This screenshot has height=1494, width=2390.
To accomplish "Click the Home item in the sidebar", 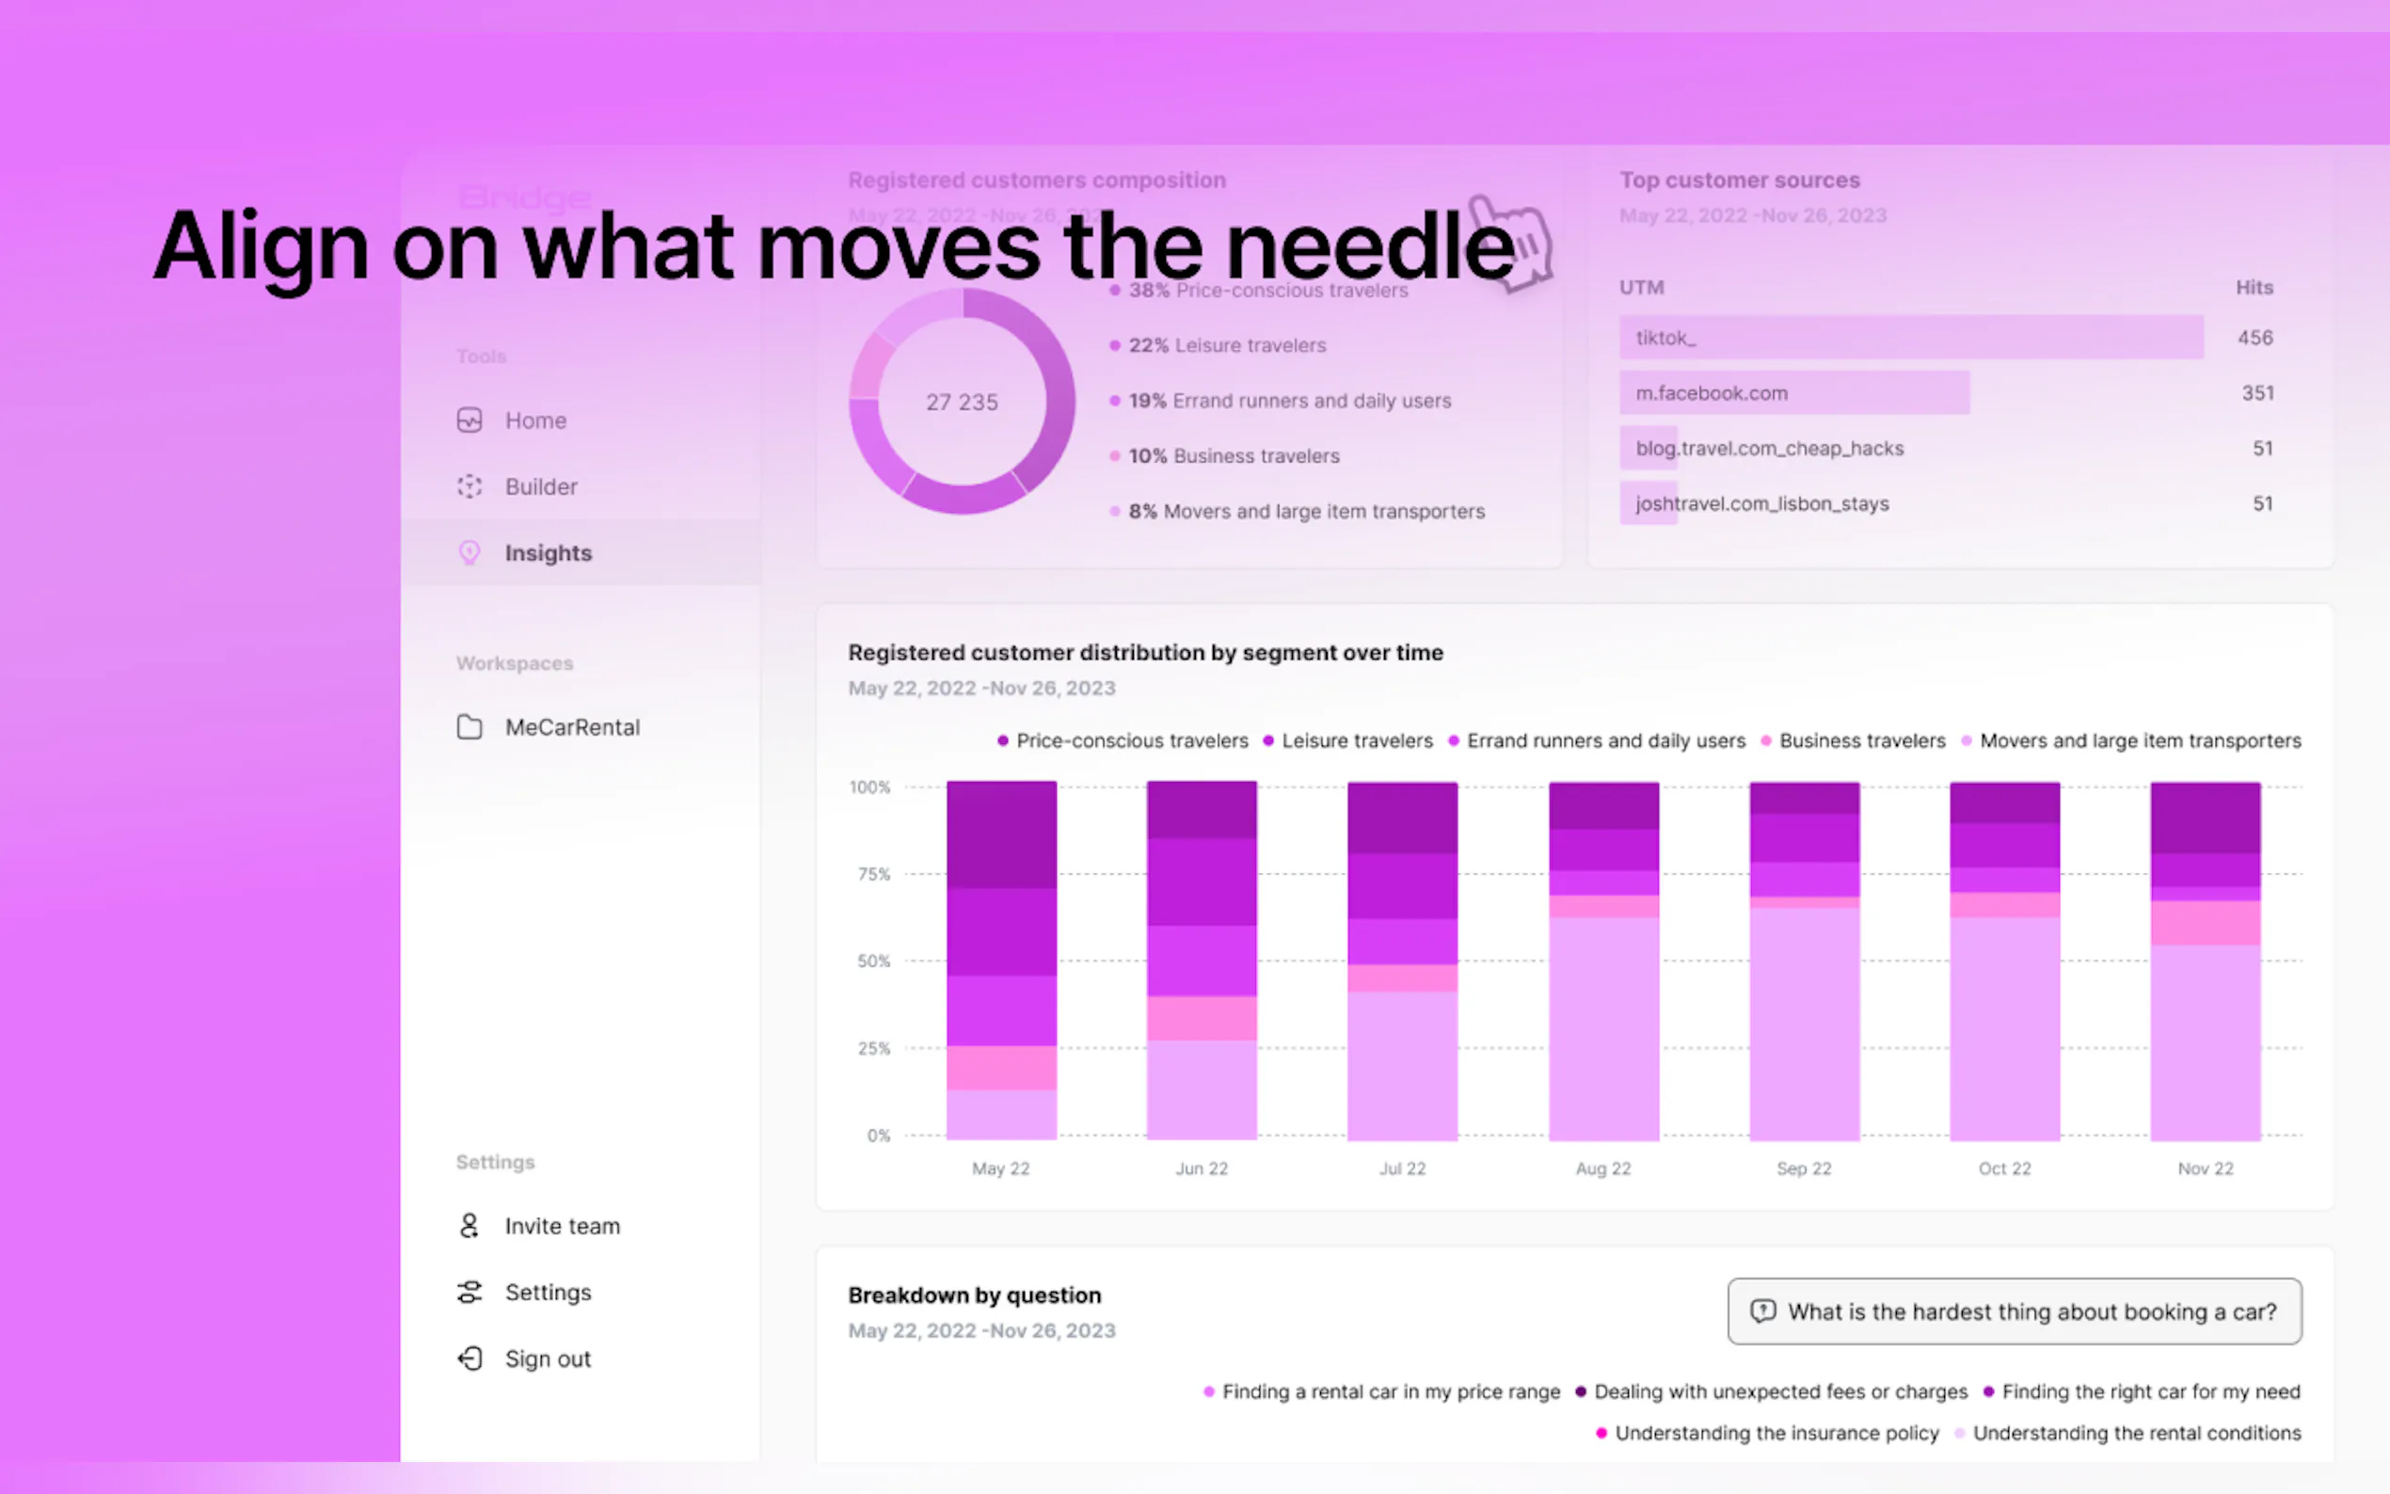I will (534, 421).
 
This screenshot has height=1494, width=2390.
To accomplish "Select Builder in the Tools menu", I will (540, 487).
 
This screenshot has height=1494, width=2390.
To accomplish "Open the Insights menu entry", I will (548, 553).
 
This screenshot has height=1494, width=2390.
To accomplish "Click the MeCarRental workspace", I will (571, 727).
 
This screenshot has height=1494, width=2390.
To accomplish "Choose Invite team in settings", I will (561, 1226).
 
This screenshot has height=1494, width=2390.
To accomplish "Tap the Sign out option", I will (547, 1359).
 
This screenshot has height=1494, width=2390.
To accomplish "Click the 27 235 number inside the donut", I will (962, 402).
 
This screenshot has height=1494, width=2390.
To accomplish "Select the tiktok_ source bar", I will (1910, 338).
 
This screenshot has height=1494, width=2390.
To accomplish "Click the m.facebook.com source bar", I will (1793, 393).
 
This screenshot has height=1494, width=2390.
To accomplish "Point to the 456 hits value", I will (2255, 338).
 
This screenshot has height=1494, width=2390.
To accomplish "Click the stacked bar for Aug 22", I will (1602, 961).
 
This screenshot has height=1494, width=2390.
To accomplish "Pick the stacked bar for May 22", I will (1001, 961).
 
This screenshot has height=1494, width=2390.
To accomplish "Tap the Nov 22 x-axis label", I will (2206, 1168).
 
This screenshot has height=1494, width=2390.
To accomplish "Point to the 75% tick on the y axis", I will (873, 874).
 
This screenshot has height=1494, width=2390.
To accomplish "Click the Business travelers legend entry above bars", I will (1860, 741).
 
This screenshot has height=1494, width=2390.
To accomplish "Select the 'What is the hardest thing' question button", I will (2014, 1312).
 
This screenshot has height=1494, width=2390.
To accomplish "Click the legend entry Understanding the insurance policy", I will (1776, 1434).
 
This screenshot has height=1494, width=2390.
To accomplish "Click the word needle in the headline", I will (1369, 247).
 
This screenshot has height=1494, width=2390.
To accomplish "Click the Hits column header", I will (2254, 288).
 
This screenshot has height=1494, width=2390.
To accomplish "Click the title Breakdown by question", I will (973, 1295).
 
